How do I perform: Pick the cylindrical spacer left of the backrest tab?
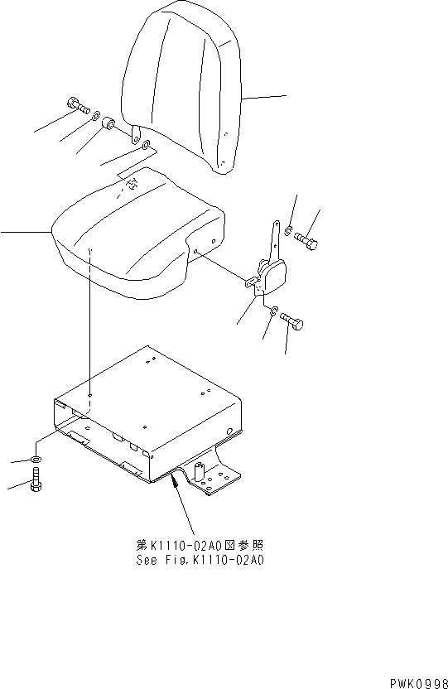tap(109, 124)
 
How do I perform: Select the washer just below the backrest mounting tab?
tap(147, 147)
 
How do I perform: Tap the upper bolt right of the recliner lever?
tap(306, 241)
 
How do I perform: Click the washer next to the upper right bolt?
tap(288, 229)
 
